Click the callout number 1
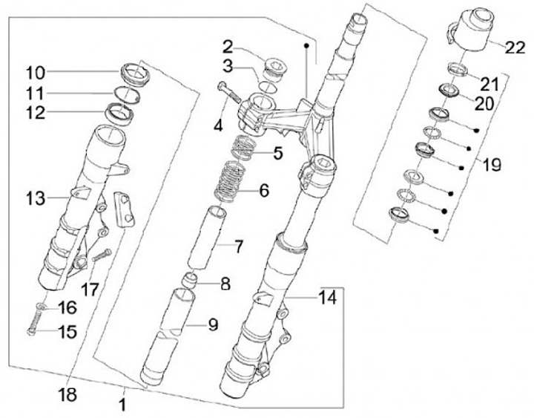point(123,405)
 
